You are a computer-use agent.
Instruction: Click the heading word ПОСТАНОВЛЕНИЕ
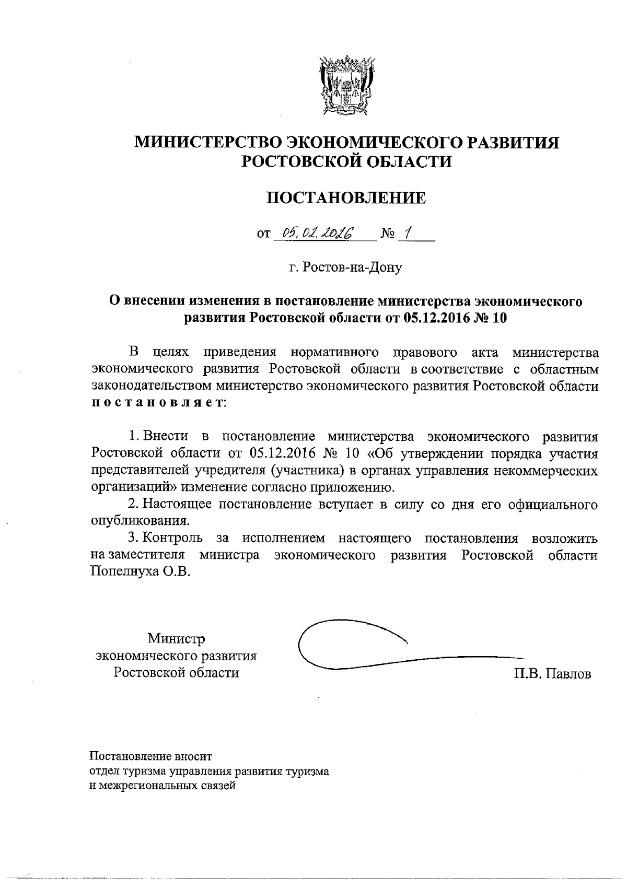[x=346, y=198]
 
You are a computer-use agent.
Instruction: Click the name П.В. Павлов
[x=552, y=674]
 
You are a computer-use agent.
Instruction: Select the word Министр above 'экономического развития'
[x=176, y=638]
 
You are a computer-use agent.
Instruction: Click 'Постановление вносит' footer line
[x=152, y=756]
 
